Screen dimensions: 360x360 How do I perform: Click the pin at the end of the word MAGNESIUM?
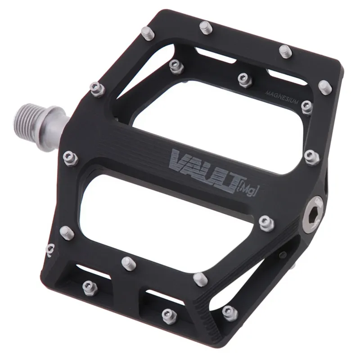(x=307, y=106)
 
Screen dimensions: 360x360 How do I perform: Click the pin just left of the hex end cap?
(x=266, y=221)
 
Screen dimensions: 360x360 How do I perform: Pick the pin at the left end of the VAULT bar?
(x=70, y=157)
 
